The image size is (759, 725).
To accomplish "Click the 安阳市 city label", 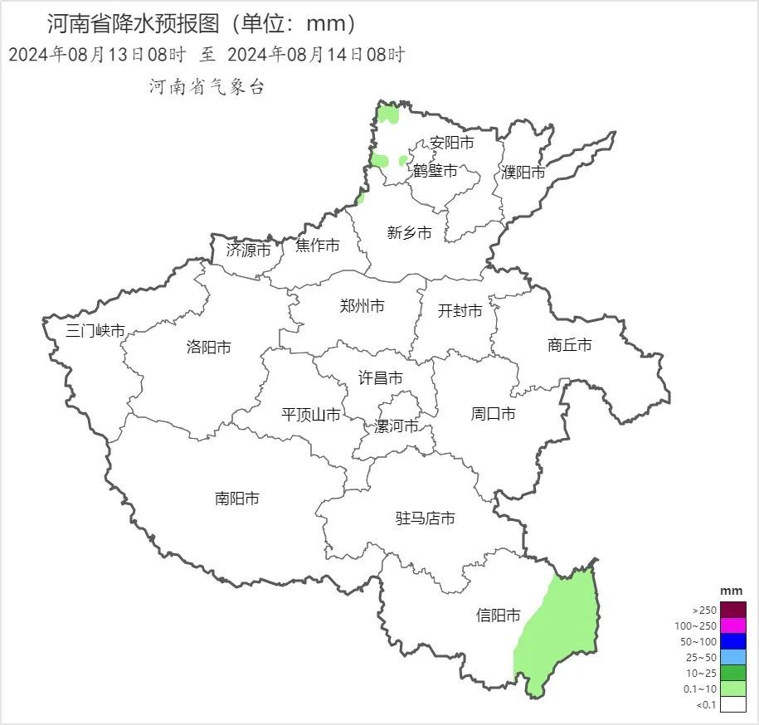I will [x=452, y=144].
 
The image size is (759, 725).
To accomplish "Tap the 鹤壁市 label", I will [x=435, y=171].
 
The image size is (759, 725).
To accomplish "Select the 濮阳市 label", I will [x=523, y=173].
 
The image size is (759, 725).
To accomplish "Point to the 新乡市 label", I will [x=410, y=233].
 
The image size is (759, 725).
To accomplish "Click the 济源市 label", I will [x=248, y=250].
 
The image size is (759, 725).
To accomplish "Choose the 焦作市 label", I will [x=318, y=246].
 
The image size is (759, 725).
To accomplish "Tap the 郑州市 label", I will [x=362, y=306].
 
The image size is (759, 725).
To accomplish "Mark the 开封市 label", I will [x=460, y=311].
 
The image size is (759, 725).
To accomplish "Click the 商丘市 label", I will [x=570, y=345].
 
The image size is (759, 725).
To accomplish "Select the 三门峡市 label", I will [x=95, y=331].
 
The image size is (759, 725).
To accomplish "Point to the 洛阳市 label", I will [x=209, y=348].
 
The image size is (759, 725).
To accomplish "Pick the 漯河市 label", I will [x=396, y=426].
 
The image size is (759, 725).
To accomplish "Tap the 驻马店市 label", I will [x=425, y=518].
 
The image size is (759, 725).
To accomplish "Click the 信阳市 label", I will [x=499, y=616].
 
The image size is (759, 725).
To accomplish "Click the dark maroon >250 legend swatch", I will [x=732, y=610].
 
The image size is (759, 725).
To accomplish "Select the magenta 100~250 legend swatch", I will [x=732, y=625].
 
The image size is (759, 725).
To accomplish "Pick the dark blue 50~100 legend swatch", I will [x=732, y=641].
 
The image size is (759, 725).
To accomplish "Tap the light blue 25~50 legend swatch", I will [x=732, y=657].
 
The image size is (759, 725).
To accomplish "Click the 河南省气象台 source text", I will [x=207, y=87].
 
